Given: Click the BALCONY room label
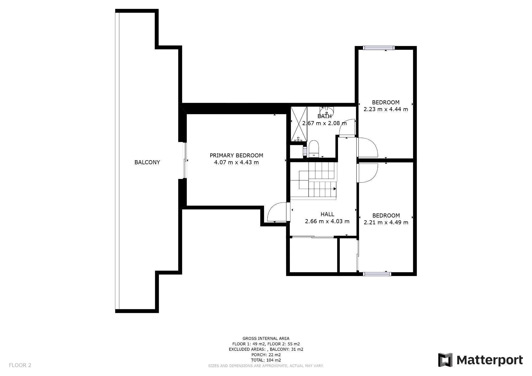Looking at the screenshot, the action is click(147, 162).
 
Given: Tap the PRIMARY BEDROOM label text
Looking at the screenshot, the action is click(236, 155).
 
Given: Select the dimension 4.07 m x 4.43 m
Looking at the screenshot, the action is click(236, 162).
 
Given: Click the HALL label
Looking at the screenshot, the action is click(327, 214).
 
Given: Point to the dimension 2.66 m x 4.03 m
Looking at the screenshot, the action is click(327, 221).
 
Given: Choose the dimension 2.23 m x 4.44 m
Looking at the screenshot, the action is click(386, 109).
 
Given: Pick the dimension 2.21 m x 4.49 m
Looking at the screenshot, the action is click(386, 222).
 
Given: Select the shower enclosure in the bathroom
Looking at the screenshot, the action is click(299, 124).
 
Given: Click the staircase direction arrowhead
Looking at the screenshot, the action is click(335, 189).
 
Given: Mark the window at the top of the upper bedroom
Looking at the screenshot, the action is click(379, 48).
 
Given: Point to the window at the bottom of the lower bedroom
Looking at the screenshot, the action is click(377, 274).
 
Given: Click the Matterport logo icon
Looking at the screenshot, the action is click(445, 360).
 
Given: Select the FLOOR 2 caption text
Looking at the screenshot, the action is click(20, 365).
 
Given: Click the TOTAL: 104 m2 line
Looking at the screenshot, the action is click(266, 360).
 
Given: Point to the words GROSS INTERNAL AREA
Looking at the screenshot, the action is click(266, 338).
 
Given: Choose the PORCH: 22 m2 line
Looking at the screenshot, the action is click(266, 355).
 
